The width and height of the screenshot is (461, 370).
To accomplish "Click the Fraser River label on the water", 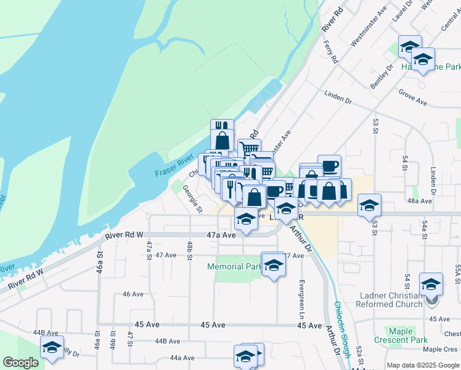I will (x=174, y=166).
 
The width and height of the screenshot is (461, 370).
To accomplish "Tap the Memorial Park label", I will (x=235, y=267).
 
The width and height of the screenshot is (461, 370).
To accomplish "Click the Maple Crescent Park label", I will (x=401, y=335).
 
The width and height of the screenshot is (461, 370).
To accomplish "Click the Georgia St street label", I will (x=192, y=200).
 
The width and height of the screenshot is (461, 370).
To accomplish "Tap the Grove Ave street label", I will (x=413, y=98).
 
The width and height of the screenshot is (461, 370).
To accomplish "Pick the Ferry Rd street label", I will (x=331, y=52).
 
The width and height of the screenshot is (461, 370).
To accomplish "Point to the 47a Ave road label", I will (x=221, y=235).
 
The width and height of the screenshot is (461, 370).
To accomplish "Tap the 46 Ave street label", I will (x=133, y=294).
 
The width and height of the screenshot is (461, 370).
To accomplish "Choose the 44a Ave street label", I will (x=182, y=358).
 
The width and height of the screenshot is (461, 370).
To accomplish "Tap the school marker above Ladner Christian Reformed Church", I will (x=431, y=285).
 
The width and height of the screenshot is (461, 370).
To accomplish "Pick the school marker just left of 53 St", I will (x=369, y=205).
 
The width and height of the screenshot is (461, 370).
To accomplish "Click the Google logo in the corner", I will (x=20, y=363).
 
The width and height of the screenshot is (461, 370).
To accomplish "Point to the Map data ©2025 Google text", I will (x=422, y=365).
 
